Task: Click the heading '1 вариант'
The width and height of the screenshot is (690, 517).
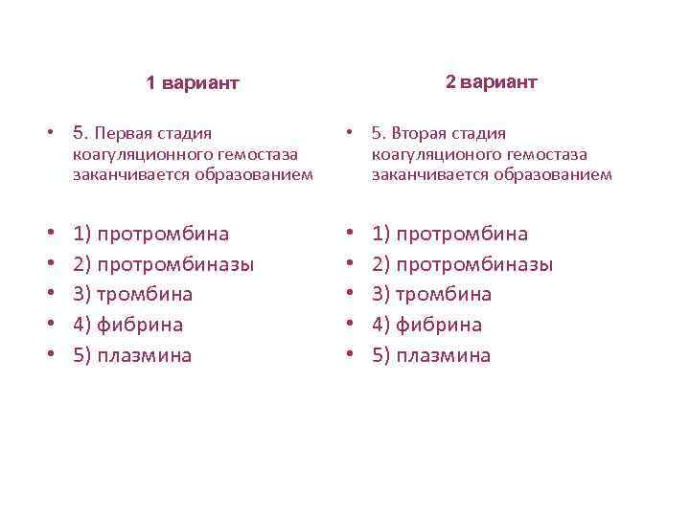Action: pos(193,83)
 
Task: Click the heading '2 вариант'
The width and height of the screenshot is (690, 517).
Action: pos(492,81)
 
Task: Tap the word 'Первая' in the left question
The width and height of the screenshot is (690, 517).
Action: pos(125,133)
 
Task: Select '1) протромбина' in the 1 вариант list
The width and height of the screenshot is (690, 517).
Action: pos(150,234)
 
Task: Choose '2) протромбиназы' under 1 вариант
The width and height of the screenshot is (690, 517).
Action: pos(163,263)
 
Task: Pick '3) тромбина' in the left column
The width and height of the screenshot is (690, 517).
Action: pos(132,294)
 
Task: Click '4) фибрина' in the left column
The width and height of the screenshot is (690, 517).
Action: pos(127,325)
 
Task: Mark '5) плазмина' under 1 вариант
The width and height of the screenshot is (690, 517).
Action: pos(132,355)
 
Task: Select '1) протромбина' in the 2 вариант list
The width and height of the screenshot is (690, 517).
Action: pos(449,234)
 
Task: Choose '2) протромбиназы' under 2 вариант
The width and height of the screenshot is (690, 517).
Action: pos(462,263)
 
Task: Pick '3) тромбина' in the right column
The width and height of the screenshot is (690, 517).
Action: pos(431,294)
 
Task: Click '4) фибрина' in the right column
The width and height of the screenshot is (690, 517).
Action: pos(426,325)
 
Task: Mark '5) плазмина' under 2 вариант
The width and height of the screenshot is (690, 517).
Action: pos(431,355)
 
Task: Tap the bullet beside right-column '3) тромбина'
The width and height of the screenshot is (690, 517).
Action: pos(352,294)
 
